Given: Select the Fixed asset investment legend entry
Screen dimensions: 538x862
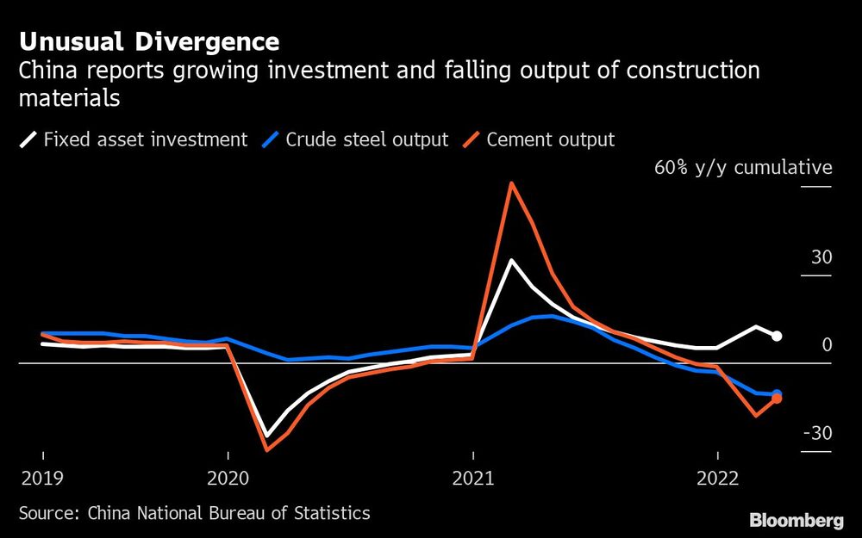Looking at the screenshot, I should pyautogui.click(x=134, y=139).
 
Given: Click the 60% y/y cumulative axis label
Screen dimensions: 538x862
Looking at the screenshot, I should pyautogui.click(x=743, y=167).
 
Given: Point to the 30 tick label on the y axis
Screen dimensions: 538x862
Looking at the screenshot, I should pyautogui.click(x=821, y=257).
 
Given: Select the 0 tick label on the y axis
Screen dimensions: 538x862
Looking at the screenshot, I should pyautogui.click(x=827, y=345).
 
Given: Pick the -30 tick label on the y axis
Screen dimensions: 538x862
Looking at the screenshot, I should pyautogui.click(x=817, y=433).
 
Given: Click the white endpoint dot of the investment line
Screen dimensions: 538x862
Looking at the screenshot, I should pyautogui.click(x=777, y=336).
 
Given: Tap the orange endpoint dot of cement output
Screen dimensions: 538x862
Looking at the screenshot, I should pyautogui.click(x=777, y=398).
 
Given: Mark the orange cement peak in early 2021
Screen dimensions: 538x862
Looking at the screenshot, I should pyautogui.click(x=512, y=182).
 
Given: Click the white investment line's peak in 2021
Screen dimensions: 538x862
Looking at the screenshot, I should pyautogui.click(x=512, y=260).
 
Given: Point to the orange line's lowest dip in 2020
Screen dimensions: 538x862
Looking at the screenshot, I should pyautogui.click(x=266, y=449).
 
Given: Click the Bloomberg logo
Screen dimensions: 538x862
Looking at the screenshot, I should pyautogui.click(x=796, y=520).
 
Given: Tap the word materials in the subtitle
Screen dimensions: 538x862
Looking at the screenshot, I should pyautogui.click(x=69, y=98).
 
